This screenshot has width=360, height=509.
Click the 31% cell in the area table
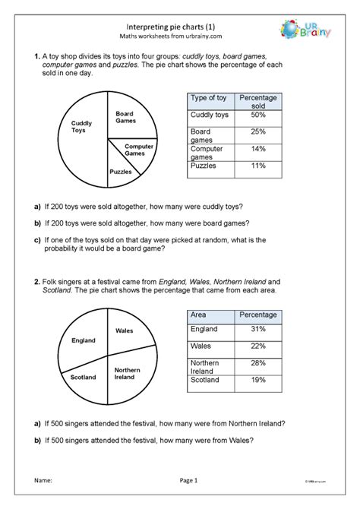pos(257,329)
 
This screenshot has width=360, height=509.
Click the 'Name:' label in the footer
pos(43,480)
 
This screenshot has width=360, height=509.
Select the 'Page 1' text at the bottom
pos(188,480)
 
